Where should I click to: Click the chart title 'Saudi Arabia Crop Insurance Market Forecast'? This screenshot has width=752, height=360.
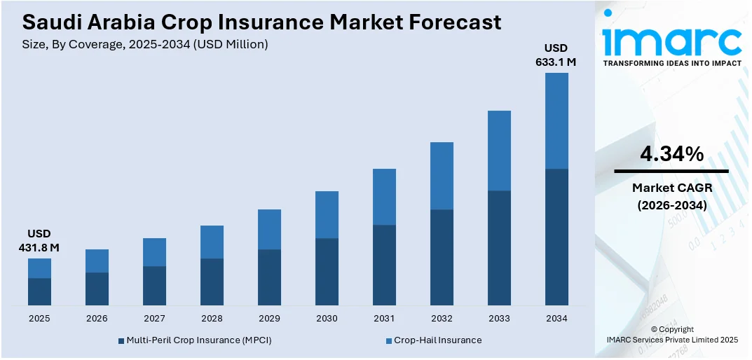[x=261, y=22]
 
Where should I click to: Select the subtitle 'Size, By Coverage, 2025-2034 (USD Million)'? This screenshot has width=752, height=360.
[x=145, y=44]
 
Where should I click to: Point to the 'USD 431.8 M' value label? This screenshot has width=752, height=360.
[x=39, y=240]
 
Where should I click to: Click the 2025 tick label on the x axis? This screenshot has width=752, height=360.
[x=39, y=318]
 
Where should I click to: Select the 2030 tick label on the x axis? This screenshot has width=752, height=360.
[x=327, y=318]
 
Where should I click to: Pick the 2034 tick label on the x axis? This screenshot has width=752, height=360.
[x=556, y=318]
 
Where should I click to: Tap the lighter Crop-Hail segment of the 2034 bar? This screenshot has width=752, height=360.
[x=556, y=120]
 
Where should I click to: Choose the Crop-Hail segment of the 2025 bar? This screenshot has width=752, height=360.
[x=39, y=268]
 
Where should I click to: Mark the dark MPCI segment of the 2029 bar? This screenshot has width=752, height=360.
[x=269, y=277]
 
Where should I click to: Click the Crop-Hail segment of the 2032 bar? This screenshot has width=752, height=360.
[x=442, y=176]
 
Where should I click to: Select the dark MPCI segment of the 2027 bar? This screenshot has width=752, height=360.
[x=154, y=286]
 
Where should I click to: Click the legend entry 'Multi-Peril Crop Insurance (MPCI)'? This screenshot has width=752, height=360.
[x=194, y=340]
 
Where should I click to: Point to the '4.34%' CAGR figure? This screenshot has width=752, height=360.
[x=671, y=154]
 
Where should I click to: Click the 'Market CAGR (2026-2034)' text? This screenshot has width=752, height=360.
[x=671, y=196]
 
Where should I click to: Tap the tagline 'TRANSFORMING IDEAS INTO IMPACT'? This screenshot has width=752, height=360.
[x=671, y=63]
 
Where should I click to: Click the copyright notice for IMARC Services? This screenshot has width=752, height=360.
[x=672, y=334]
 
